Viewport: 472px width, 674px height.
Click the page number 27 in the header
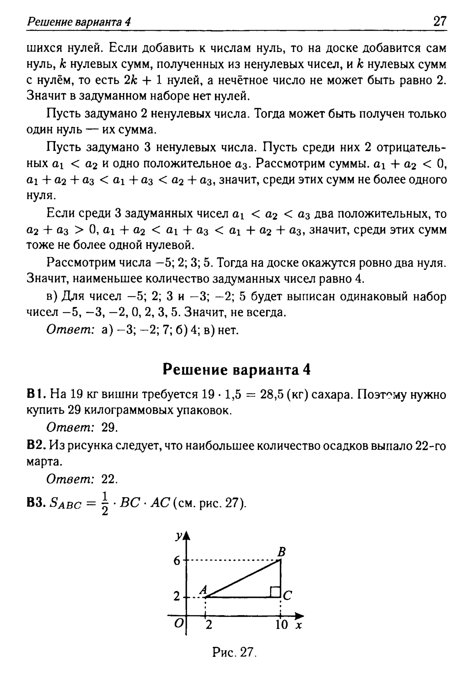pos(440,21)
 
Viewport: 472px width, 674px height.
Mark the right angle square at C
pos(275,592)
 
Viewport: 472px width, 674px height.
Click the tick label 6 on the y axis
pos(177,561)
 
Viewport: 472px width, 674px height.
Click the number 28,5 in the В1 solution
pos(271,394)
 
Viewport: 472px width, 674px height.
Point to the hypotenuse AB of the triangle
pos(244,578)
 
